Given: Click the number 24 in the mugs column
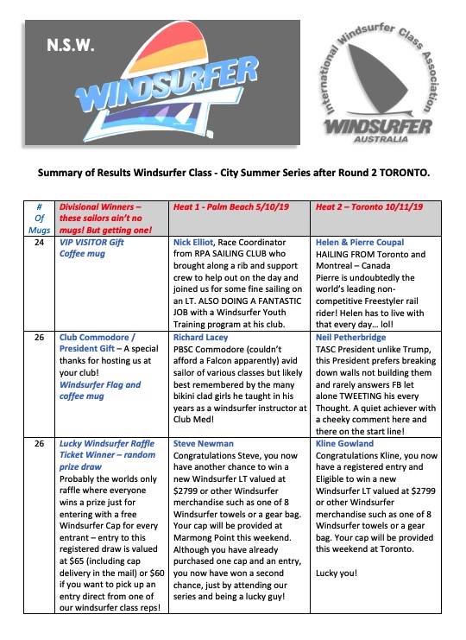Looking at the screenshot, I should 38,243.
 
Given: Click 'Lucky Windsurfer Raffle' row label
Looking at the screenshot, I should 107,444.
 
